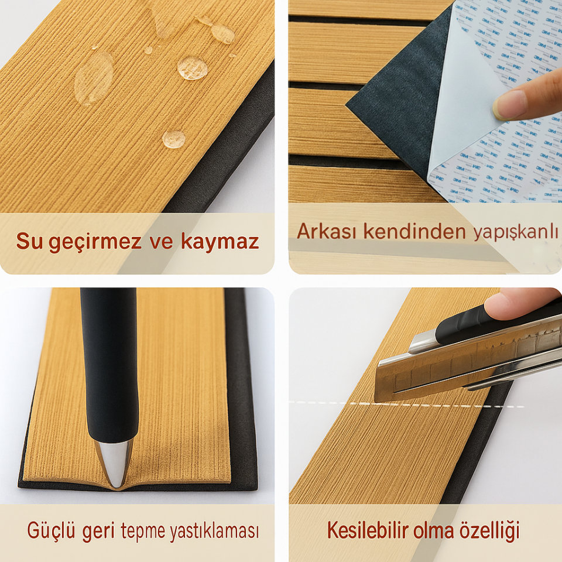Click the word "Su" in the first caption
click(x=29, y=241)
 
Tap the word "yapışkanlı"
click(x=515, y=233)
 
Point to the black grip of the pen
click(x=109, y=363)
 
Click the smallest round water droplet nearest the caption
click(x=174, y=139)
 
